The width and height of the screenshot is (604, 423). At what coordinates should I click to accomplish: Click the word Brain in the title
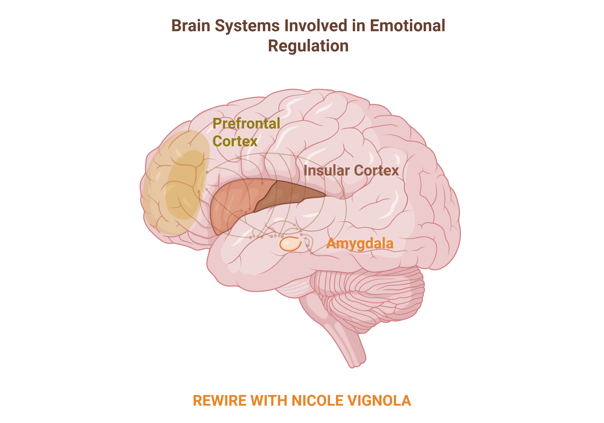[191, 26]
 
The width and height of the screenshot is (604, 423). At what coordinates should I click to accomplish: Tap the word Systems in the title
[247, 26]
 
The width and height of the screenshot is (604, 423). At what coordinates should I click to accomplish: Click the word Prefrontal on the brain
[246, 123]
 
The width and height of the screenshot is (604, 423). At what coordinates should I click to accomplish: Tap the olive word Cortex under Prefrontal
[235, 141]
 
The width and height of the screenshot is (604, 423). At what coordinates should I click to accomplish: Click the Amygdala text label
[360, 244]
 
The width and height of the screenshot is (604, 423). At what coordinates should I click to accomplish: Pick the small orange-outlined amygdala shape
[290, 244]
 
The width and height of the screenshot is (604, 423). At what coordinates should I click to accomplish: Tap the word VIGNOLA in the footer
[379, 401]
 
